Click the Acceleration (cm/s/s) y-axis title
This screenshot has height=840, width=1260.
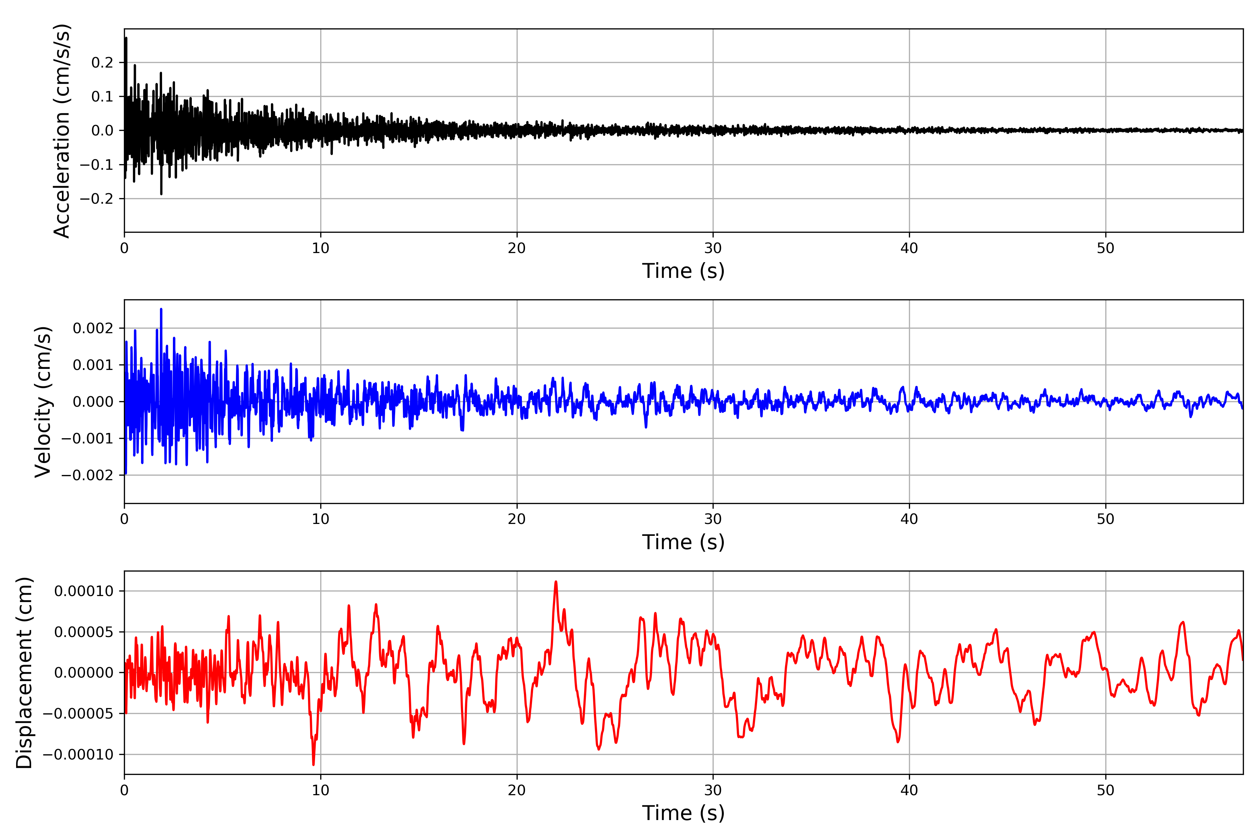[x=62, y=131]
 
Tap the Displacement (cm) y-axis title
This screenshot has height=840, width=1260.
[x=24, y=672]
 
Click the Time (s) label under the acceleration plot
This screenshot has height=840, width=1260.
[x=683, y=271]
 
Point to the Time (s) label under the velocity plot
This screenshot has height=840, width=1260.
[x=683, y=542]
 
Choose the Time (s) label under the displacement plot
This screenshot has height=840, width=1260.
[x=683, y=813]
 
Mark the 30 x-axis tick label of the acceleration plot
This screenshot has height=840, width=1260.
[x=713, y=248]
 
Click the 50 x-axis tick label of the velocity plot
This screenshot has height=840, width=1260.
[x=1105, y=519]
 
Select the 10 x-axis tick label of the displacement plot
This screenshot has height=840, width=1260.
[x=320, y=790]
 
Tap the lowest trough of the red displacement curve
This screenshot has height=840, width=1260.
[x=313, y=764]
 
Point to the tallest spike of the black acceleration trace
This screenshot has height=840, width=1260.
[x=126, y=38]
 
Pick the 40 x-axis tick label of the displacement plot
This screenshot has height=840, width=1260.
[x=909, y=790]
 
